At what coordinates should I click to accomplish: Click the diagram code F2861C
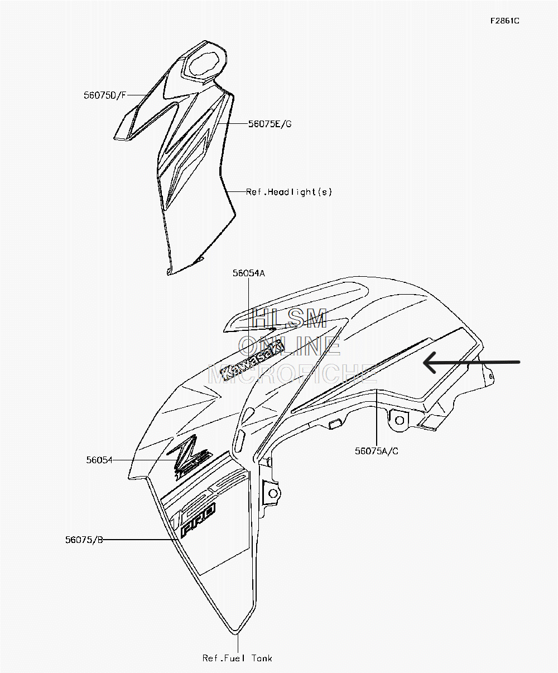pos(504,21)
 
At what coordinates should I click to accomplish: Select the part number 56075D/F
pos(105,95)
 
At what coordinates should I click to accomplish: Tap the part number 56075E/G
pos(270,124)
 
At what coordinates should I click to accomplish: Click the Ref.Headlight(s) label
pos(289,192)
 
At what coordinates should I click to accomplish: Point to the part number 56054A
pos(248,273)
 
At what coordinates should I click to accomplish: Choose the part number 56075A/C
pos(377,451)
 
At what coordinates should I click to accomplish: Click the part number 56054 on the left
pos(99,460)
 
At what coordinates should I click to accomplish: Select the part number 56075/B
pos(84,540)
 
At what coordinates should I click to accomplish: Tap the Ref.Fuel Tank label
pos(237,658)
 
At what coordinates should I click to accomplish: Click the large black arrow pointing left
pos(472,363)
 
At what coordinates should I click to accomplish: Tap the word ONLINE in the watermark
pos(289,347)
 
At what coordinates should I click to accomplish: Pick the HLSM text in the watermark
pos(289,319)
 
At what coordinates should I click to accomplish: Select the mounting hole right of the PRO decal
pos(273,493)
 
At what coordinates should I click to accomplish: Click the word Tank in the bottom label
pos(261,658)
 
